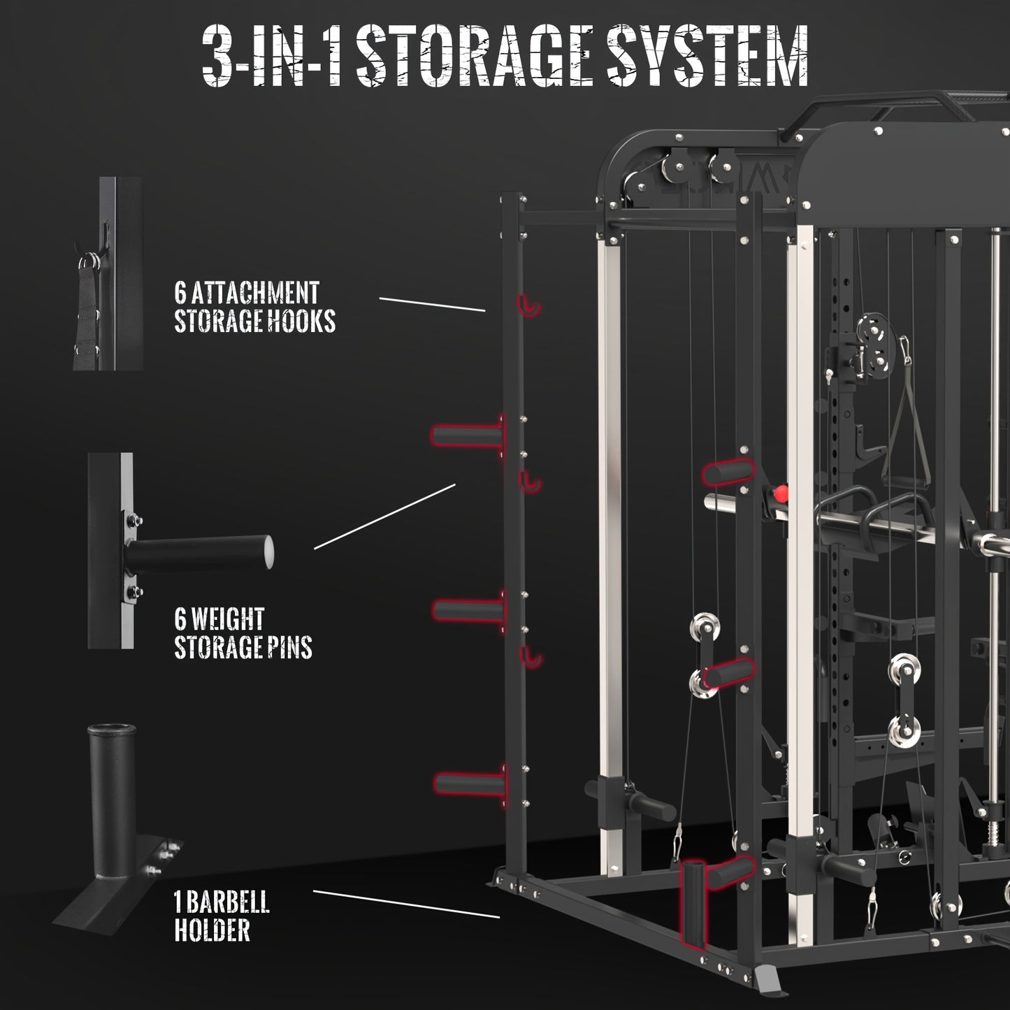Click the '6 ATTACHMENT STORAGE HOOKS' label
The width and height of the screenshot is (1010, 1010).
point(254,307)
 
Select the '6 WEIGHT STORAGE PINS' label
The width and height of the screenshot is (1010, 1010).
point(243,633)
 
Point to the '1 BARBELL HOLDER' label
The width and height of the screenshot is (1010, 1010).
point(222,916)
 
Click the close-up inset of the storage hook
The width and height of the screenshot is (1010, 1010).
point(108,273)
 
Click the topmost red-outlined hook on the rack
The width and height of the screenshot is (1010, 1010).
point(529,305)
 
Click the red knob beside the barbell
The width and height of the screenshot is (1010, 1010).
point(777,494)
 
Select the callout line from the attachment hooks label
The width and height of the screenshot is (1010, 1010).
point(432,305)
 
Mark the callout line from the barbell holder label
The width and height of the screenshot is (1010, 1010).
point(406,904)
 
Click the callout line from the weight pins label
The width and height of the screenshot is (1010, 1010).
point(384,517)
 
